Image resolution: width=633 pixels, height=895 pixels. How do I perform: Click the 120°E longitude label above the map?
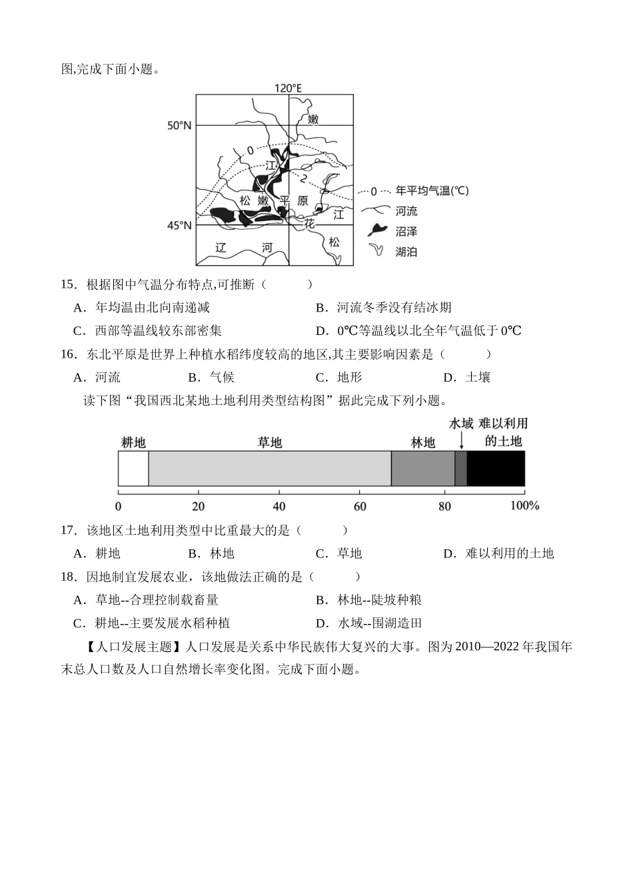[x=288, y=88]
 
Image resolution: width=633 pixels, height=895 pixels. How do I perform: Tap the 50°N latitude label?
[x=179, y=125]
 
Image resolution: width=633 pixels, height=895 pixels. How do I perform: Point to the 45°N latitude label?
[x=179, y=225]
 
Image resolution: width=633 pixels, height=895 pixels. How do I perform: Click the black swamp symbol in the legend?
[x=378, y=230]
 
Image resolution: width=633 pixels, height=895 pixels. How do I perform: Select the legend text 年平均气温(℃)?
[x=432, y=191]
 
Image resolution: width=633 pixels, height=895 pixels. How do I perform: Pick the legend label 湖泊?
[x=406, y=252]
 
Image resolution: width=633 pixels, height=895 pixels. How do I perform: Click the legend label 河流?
[x=406, y=211]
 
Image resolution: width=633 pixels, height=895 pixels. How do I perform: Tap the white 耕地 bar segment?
[x=133, y=468]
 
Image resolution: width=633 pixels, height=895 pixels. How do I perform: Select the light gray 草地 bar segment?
[x=269, y=468]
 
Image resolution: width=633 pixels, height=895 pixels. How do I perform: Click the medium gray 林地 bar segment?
[x=422, y=468]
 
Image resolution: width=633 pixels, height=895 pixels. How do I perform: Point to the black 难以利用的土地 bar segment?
[x=496, y=468]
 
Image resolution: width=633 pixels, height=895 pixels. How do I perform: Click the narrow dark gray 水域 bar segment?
[x=460, y=468]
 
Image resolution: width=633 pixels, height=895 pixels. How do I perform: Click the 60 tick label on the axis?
[x=360, y=506]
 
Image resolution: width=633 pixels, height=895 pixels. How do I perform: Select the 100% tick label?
[x=524, y=506]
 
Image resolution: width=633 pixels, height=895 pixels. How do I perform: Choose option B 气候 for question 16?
[x=211, y=378]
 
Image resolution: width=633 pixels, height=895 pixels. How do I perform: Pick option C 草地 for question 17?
[x=338, y=553]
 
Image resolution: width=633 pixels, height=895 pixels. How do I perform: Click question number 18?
[x=69, y=577]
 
